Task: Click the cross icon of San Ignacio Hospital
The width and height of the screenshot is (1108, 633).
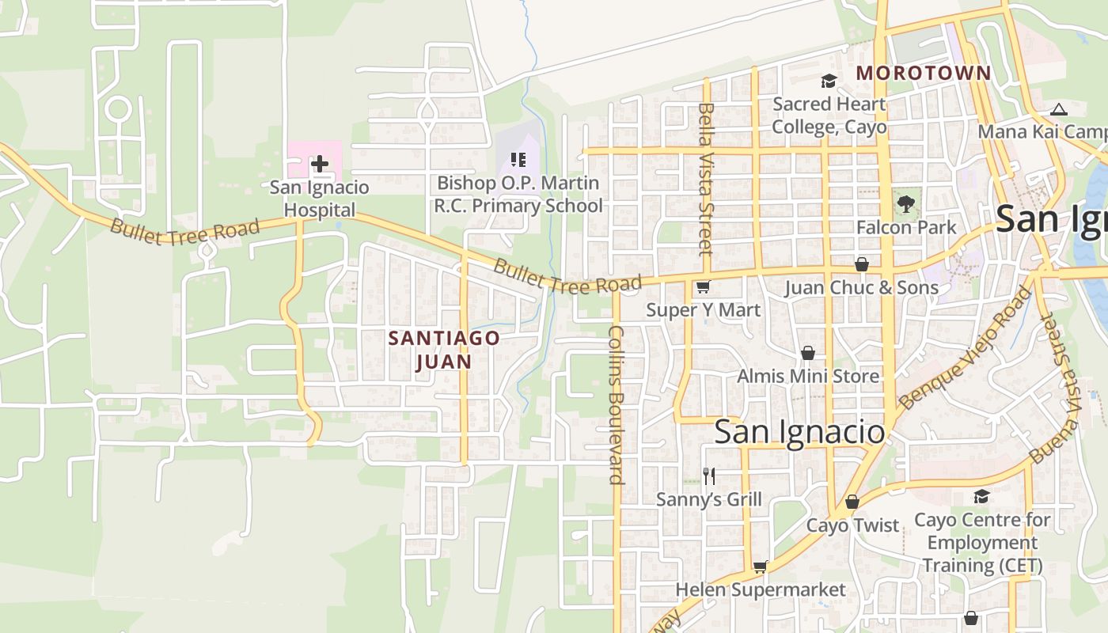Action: click(319, 164)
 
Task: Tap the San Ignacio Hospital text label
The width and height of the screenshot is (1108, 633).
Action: click(319, 199)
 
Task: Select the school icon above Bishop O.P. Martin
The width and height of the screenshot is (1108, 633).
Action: click(518, 161)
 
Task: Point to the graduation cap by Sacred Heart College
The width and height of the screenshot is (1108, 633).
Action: click(829, 81)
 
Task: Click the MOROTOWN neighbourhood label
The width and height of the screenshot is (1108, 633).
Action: click(923, 74)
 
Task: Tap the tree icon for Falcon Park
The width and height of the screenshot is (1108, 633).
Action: click(905, 204)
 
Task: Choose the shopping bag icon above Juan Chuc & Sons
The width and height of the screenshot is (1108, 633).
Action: click(861, 264)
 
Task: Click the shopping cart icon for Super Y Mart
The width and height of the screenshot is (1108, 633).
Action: click(703, 287)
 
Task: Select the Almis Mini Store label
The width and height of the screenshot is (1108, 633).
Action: click(807, 376)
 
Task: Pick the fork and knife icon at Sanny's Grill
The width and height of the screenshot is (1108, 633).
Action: click(709, 476)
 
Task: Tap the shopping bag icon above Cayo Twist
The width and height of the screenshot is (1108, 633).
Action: click(852, 502)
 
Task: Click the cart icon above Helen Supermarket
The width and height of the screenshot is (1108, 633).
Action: click(760, 567)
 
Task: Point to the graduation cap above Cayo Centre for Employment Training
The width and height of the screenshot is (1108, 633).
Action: click(981, 496)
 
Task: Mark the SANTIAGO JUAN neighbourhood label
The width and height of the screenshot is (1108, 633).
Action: click(443, 350)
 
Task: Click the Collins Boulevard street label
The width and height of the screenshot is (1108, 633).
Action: click(617, 404)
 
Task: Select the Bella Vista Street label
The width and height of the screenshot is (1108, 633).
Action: click(706, 179)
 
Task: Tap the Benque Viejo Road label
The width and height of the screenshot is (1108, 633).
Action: click(966, 348)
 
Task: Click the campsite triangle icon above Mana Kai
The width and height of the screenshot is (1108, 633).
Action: click(1059, 109)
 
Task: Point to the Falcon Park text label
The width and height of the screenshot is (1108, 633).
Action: click(906, 227)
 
